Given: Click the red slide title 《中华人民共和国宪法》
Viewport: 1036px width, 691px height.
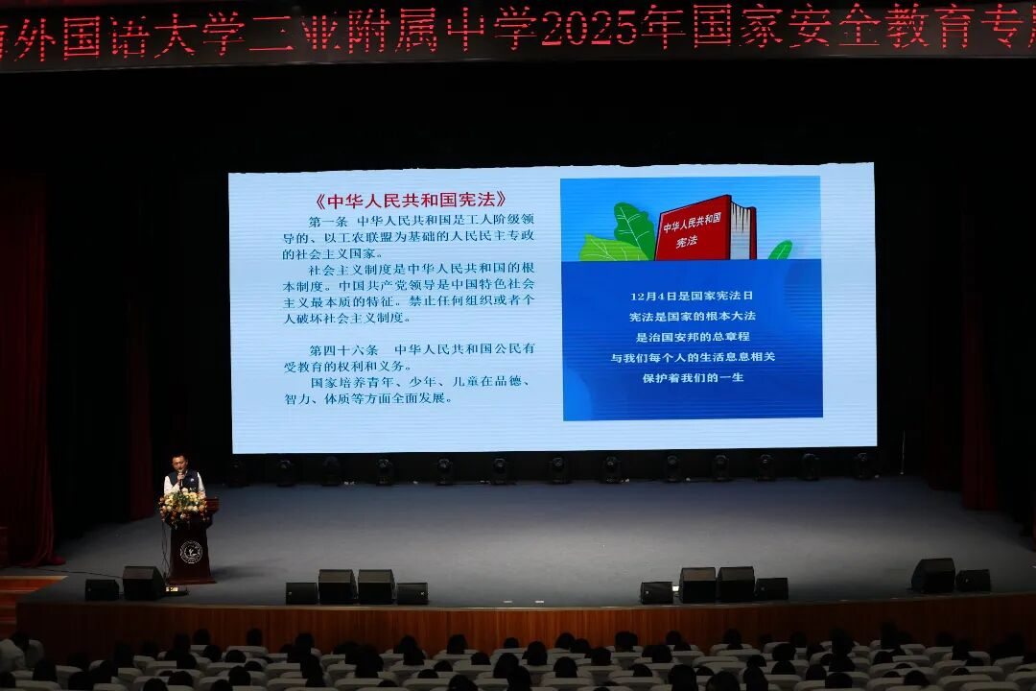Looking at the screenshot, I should [x=411, y=201].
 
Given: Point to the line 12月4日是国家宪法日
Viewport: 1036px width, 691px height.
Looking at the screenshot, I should [x=692, y=296].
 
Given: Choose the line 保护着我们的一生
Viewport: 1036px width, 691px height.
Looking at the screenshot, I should [x=692, y=377].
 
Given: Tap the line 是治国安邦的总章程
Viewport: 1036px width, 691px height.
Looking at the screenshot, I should [x=692, y=337].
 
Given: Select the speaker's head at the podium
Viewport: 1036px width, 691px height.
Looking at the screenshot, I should [x=179, y=462].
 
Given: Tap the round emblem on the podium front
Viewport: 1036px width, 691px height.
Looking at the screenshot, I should [x=190, y=552].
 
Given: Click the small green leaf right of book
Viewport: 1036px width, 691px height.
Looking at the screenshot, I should [x=780, y=250].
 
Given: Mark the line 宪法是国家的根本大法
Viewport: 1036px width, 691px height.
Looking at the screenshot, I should [x=692, y=316].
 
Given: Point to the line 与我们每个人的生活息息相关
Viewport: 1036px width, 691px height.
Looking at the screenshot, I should [x=692, y=357].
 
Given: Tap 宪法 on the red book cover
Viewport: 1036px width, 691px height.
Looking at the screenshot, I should [x=687, y=242].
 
